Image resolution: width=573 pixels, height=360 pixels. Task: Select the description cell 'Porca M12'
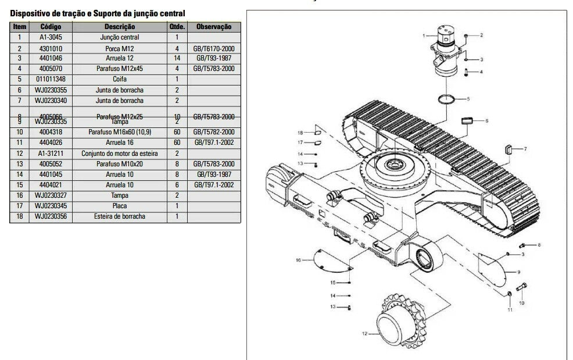coord(120,48)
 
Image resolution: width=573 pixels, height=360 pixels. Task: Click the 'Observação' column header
coord(214,27)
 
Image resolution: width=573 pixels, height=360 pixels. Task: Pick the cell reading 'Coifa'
coord(120,79)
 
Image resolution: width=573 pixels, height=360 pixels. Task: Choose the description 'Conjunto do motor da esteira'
coord(120,154)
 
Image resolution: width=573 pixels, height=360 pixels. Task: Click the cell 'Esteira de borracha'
coord(120,216)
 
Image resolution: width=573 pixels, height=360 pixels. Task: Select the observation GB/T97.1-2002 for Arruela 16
coord(214,142)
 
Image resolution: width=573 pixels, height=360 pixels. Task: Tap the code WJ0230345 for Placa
coord(49,206)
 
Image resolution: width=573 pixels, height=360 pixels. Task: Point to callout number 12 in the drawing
coord(364,334)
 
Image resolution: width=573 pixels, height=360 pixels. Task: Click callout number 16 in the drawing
coord(298,260)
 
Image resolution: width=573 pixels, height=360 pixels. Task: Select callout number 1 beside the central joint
coord(425,36)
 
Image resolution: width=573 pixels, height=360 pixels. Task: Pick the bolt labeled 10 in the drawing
coord(520,288)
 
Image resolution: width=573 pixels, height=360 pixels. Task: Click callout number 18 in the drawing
coord(301,132)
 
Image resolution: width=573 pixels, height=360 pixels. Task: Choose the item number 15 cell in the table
coord(19,185)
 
